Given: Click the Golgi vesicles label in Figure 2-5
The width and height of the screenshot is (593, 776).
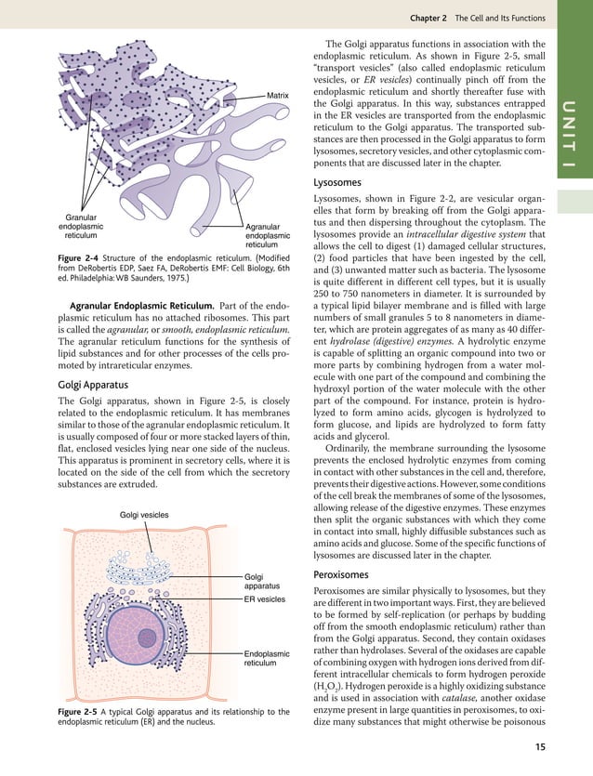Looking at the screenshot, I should click(x=144, y=514).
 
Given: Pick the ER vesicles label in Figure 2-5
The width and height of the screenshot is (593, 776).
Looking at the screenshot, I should click(x=264, y=600).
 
